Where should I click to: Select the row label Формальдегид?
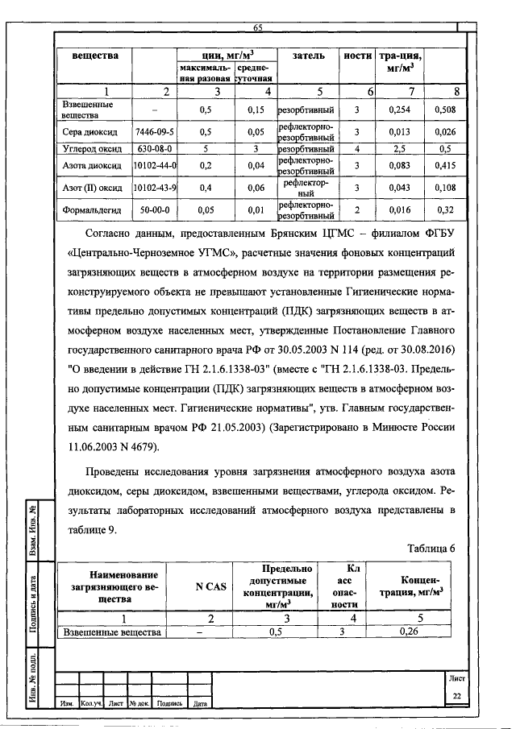pos(92,212)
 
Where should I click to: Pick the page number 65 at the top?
pos(258,29)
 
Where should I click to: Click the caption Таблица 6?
pos(431,549)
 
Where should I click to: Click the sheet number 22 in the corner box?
pos(456,696)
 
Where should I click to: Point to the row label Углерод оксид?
pos(92,149)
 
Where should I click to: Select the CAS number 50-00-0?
pos(155,212)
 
